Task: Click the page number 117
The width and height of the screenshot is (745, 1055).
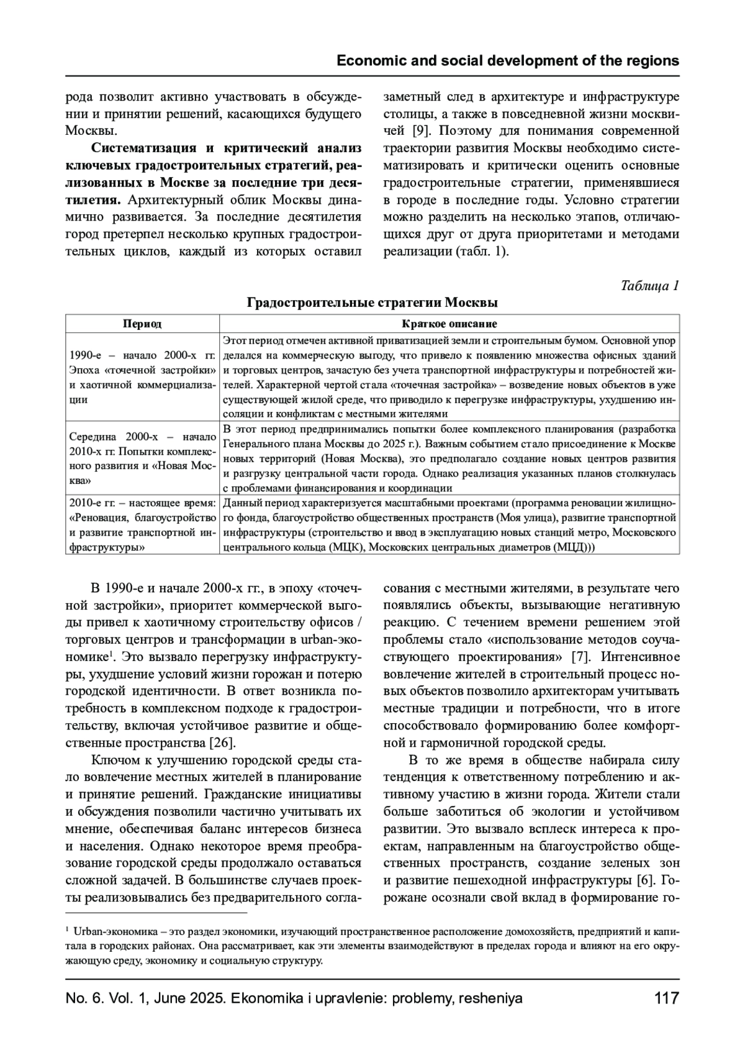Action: point(666,998)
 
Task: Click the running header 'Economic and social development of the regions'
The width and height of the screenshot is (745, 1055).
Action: point(507,61)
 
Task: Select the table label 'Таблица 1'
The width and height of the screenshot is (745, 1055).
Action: point(649,285)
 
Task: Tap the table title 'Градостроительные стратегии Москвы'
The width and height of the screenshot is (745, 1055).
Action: point(372,303)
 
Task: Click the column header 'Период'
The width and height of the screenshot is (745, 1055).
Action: point(142,324)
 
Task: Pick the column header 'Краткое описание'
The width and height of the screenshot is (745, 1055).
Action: point(449,324)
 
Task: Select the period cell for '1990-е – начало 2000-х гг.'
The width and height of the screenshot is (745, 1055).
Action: point(142,377)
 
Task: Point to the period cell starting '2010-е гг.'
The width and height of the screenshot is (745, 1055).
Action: point(142,524)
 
